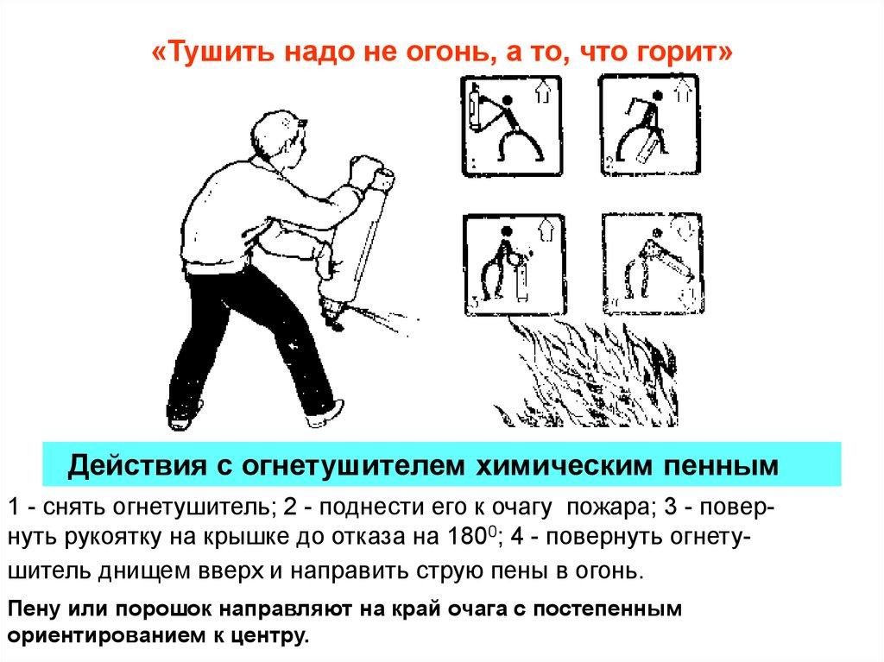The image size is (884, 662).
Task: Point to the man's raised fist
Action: pyautogui.click(x=363, y=169)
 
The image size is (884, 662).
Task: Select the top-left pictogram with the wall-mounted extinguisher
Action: pyautogui.click(x=512, y=126)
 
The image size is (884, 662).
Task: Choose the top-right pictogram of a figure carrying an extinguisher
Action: pyautogui.click(x=649, y=124)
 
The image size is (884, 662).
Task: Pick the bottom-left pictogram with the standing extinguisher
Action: pyautogui.click(x=515, y=264)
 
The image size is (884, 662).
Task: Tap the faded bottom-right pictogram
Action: pyautogui.click(x=653, y=263)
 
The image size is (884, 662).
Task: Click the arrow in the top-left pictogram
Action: pyautogui.click(x=543, y=91)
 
